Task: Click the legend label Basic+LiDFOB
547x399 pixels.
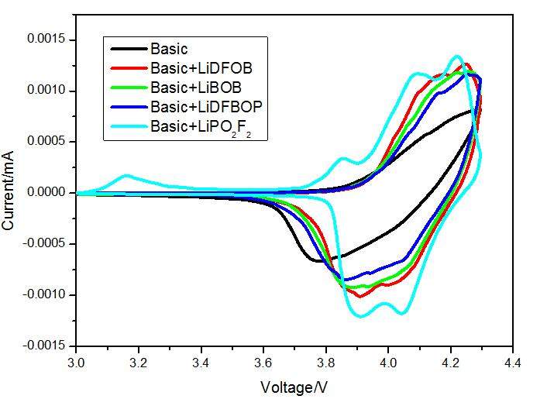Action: coord(201,69)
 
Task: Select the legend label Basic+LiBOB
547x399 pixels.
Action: coord(195,86)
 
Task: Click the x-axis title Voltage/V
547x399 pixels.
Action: coord(294,385)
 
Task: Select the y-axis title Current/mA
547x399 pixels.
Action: coord(9,193)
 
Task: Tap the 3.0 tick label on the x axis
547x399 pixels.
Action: coord(76,362)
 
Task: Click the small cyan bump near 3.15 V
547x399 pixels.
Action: coord(127,175)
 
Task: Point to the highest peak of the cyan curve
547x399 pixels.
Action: coord(457,56)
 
